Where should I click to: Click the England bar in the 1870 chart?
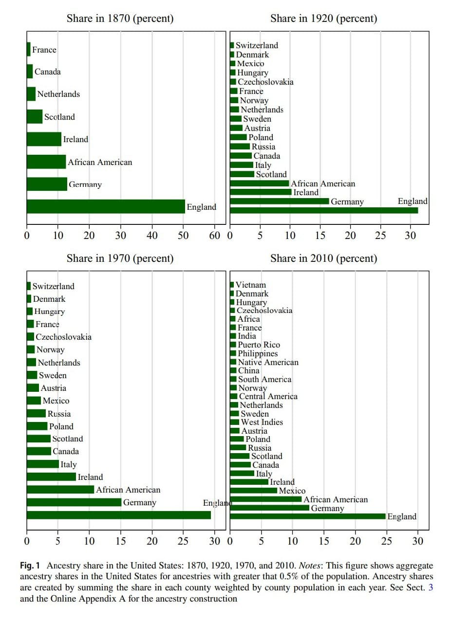coord(106,206)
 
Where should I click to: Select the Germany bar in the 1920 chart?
coord(279,201)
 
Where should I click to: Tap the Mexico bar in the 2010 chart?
coord(253,491)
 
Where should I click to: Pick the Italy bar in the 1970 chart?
coord(43,464)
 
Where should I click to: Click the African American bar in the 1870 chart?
coord(46,162)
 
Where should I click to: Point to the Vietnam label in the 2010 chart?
coord(251,285)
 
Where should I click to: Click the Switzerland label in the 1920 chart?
coord(257,45)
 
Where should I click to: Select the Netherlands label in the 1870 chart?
coord(58,94)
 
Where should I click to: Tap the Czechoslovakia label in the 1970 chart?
coord(63,337)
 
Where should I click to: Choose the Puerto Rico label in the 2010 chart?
coord(259,345)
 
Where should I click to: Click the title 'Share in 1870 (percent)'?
coord(120,19)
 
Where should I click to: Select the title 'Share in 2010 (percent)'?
coord(323,258)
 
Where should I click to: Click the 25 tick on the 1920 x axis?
coord(380,236)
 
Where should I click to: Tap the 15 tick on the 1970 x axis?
coord(121,541)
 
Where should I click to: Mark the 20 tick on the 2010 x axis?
coord(355,541)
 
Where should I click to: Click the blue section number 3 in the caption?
coord(430,587)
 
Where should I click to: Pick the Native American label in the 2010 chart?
coord(268,362)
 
